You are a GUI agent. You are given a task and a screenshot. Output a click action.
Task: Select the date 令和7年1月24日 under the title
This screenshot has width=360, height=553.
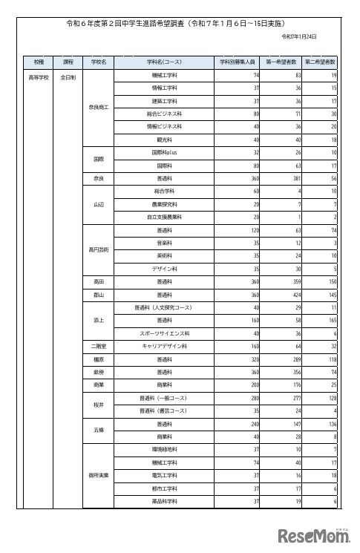pos(299,36)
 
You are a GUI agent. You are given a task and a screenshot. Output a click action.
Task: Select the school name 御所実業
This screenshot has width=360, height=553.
pos(99,475)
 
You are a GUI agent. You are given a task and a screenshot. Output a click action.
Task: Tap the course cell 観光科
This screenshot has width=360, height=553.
pos(164,140)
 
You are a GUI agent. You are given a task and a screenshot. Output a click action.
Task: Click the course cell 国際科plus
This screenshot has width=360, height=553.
pos(164,152)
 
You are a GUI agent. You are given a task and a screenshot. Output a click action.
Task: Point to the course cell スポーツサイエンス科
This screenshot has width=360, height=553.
pos(164,333)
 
